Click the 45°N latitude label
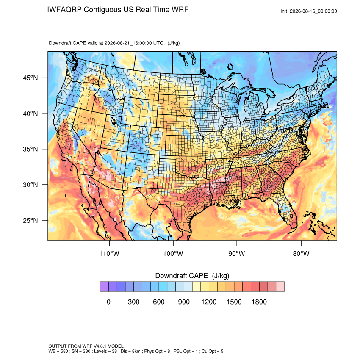(30, 78)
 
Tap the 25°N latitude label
(30, 220)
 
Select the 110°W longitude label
(109, 253)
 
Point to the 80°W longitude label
(301, 253)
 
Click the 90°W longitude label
(236, 253)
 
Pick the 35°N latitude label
(30, 149)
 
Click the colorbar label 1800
(259, 302)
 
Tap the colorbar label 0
(108, 302)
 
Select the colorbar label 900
(184, 302)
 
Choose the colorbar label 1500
(234, 302)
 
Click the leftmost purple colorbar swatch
(104, 287)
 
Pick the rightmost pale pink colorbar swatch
(280, 287)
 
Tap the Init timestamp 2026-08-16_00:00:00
(313, 11)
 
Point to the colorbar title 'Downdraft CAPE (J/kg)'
(192, 276)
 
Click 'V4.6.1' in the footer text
(100, 346)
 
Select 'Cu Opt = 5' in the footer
(212, 351)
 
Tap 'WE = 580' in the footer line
(58, 351)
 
